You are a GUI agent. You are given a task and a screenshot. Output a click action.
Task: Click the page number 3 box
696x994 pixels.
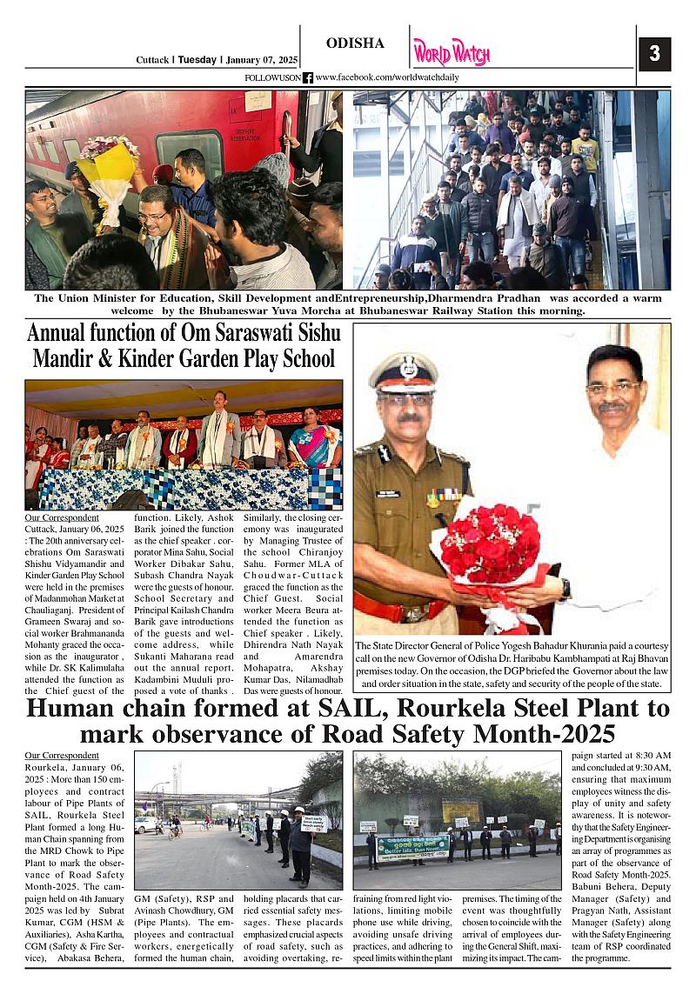[654, 54]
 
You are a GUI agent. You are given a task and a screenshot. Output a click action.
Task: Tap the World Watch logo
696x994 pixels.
[451, 52]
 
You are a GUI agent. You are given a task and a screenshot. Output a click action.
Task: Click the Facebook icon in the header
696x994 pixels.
[308, 78]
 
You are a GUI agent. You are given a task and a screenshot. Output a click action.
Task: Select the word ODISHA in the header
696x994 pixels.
[355, 43]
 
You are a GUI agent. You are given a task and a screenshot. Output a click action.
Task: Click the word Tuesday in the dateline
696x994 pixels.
[197, 60]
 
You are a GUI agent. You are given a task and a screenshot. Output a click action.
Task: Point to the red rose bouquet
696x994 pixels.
[491, 545]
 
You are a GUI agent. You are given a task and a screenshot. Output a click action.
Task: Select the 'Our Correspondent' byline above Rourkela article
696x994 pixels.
[62, 756]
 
